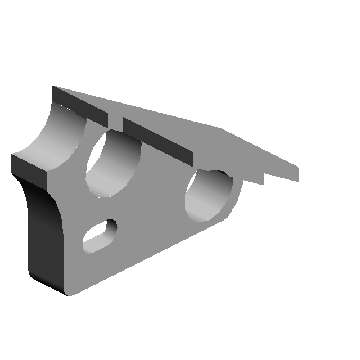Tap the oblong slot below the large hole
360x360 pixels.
(x=100, y=236)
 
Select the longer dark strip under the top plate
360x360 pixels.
(x=157, y=141)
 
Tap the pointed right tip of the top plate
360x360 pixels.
(x=298, y=169)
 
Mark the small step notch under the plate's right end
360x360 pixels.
(x=263, y=179)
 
